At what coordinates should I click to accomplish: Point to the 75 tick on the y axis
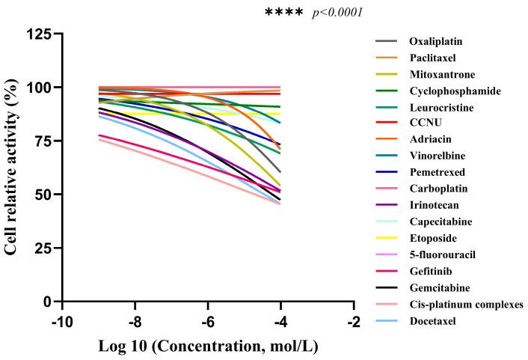point(46,141)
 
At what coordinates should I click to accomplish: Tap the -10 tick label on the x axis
point(61,322)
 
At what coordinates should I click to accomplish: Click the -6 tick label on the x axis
point(208,322)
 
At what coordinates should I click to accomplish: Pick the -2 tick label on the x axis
point(353,322)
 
